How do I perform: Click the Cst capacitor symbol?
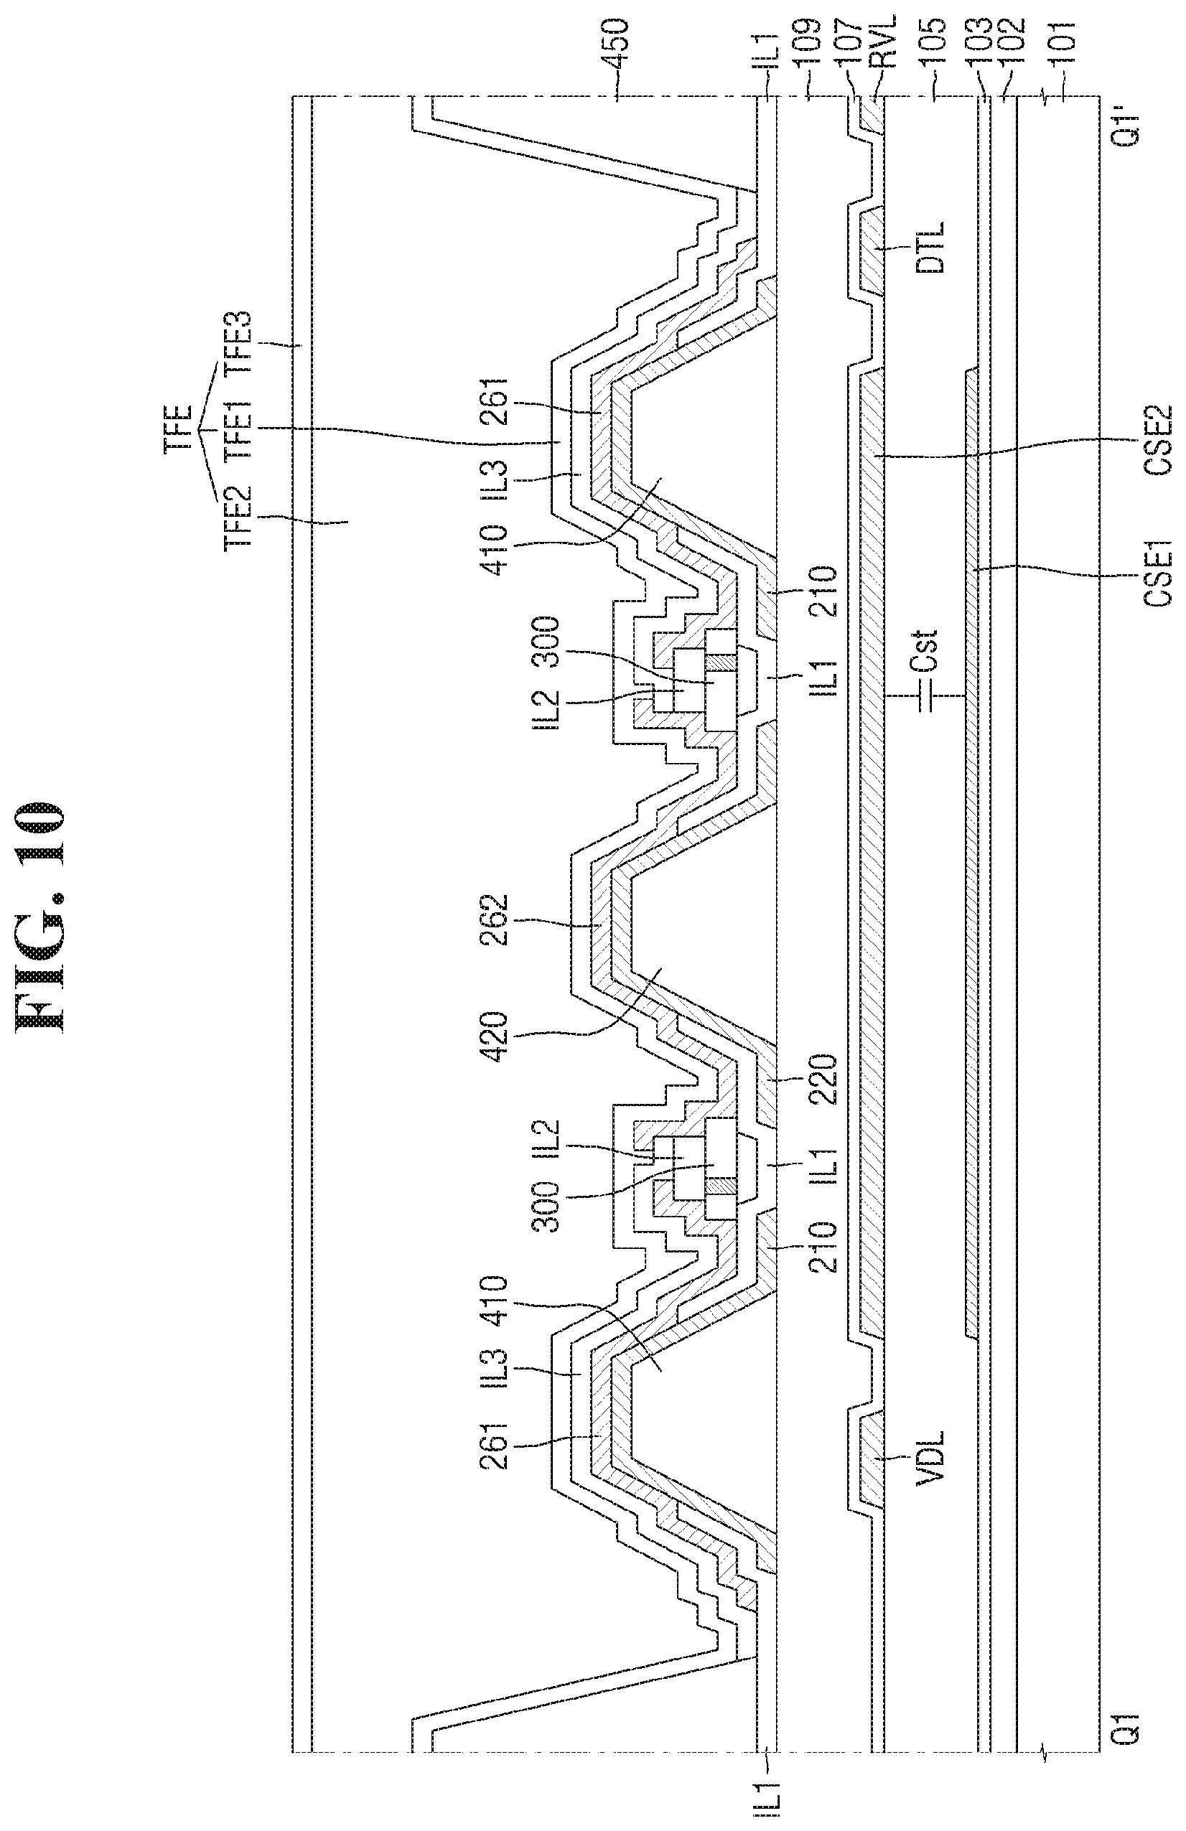926,696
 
